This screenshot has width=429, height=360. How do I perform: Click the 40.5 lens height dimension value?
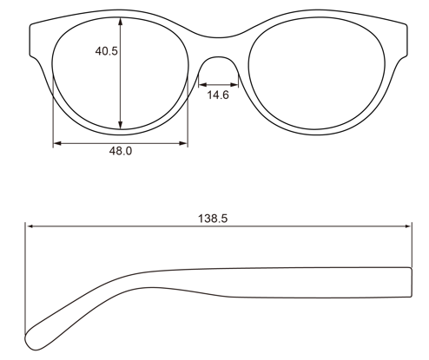click(x=107, y=51)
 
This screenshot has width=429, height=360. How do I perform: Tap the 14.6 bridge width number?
click(x=218, y=95)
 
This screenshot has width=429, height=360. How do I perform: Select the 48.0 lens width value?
click(x=120, y=151)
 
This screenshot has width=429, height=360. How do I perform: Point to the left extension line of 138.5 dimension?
click(x=26, y=278)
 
